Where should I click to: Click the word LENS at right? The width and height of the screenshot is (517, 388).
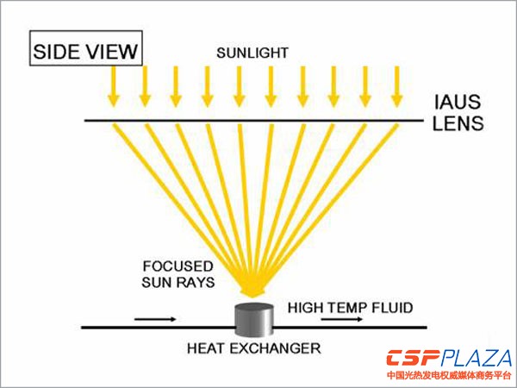click(x=455, y=123)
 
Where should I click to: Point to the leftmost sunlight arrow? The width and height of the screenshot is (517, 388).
click(x=112, y=84)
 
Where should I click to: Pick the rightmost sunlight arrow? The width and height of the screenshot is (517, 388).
click(x=397, y=84)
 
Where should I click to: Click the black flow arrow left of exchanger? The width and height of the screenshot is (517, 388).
click(x=155, y=318)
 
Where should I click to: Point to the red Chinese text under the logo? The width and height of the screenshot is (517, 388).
click(x=449, y=376)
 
